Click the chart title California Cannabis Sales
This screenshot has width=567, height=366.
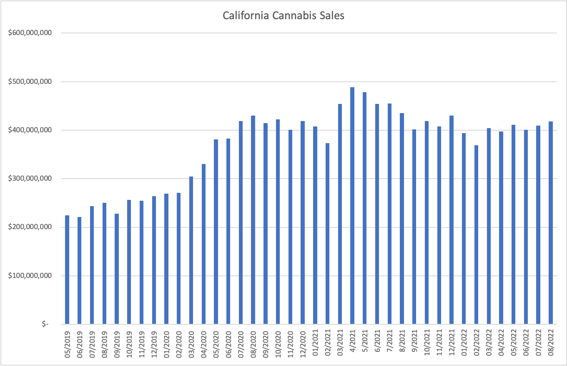[283, 16]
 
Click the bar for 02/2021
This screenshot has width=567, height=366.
[327, 233]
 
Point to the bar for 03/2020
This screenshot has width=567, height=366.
[191, 250]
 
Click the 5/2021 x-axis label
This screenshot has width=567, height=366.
[365, 341]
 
